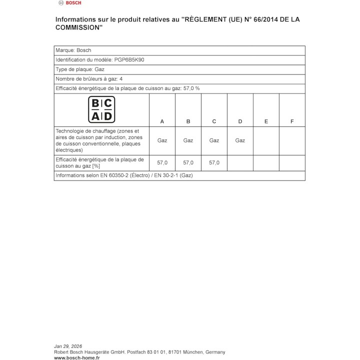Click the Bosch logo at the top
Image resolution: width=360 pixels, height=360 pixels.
click(69, 3)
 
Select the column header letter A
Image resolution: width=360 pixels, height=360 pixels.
click(162, 121)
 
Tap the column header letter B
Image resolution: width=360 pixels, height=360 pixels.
click(188, 121)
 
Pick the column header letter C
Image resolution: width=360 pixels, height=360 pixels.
click(214, 121)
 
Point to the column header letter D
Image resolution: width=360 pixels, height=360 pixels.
click(240, 121)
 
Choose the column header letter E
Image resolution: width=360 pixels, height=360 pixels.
click(266, 121)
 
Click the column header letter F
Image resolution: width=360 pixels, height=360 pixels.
click(292, 121)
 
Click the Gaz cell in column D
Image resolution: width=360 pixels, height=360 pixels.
click(240, 140)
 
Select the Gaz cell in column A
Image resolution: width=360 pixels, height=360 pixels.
click(162, 140)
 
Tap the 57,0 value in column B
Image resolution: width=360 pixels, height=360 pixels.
click(188, 162)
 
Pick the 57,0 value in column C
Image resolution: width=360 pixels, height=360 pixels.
click(214, 162)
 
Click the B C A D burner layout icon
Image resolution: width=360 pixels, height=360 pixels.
click(101, 110)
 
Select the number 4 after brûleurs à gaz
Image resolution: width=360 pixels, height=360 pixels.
click(121, 79)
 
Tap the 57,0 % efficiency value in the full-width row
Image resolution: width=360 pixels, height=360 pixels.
click(190, 88)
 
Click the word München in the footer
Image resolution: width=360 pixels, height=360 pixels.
click(188, 352)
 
